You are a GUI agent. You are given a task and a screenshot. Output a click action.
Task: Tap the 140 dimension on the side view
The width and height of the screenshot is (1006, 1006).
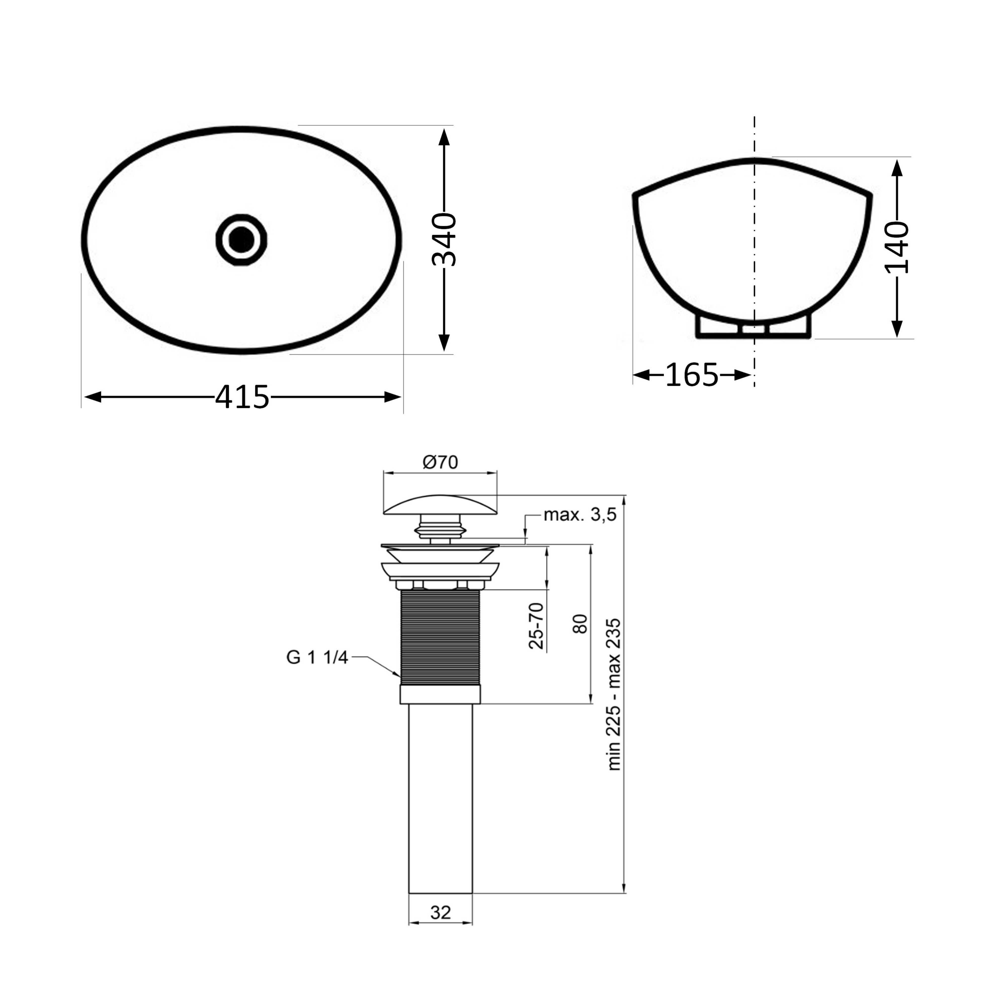click(x=897, y=247)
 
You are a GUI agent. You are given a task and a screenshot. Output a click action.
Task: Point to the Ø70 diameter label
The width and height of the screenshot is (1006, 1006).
click(x=441, y=462)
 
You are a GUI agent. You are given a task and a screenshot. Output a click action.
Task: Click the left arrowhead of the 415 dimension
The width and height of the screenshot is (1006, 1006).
click(x=93, y=397)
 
